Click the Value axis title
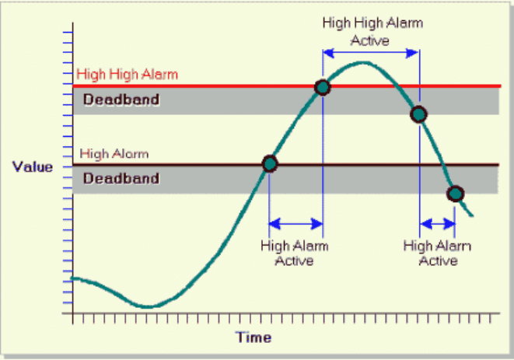point(33,167)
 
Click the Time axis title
point(254,337)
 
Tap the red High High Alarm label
point(128,74)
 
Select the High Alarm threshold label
point(114,154)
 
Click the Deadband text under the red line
point(121,100)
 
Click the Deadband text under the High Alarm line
point(121,178)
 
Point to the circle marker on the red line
point(323,87)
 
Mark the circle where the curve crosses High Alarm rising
point(270,164)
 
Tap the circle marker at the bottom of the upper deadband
point(418,114)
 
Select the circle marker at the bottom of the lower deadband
point(456,194)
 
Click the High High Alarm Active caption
point(372,31)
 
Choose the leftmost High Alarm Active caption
point(295,253)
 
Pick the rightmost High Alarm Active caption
point(437,253)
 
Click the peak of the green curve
point(362,62)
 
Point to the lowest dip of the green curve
point(147,307)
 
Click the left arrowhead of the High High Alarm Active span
point(328,53)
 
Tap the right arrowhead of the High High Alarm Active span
point(412,53)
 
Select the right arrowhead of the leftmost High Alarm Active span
point(316,224)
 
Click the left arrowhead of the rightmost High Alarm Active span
point(426,224)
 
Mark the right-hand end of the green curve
point(472,215)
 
